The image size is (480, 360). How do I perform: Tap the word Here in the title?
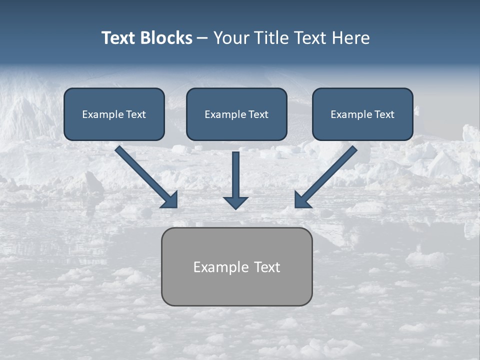click(350, 38)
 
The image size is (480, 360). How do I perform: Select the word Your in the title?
click(230, 38)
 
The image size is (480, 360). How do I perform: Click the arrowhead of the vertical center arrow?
click(235, 202)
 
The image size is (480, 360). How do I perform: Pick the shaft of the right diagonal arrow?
click(330, 172)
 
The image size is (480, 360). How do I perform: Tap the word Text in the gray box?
click(266, 267)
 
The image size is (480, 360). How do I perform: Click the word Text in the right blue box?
click(384, 114)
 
